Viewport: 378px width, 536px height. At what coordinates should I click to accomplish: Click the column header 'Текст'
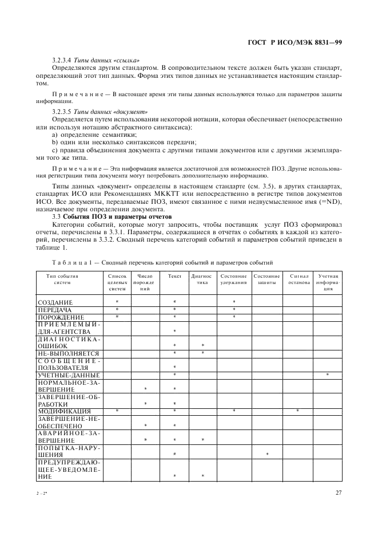(x=174, y=276)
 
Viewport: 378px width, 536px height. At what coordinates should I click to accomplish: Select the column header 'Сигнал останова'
(x=299, y=279)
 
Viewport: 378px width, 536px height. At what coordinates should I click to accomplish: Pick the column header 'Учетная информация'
(x=328, y=282)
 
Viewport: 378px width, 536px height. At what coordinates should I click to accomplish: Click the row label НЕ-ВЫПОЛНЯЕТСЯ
(x=68, y=353)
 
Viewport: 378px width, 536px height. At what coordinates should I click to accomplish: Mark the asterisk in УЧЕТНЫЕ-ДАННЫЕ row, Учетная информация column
(x=328, y=375)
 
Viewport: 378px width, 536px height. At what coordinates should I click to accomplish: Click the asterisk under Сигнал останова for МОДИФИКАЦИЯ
(x=298, y=411)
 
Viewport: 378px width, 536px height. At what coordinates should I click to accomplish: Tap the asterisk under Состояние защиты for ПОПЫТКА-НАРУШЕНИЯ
(x=266, y=454)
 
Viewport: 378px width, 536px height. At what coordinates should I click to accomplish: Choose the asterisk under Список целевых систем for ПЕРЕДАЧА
(x=117, y=309)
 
